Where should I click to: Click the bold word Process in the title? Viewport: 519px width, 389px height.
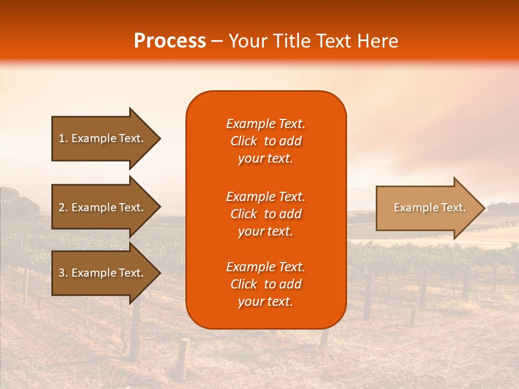170,41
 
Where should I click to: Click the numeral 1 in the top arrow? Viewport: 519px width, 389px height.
62,138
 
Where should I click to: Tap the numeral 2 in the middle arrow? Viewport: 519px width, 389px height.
62,207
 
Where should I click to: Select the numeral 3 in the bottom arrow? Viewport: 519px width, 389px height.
62,273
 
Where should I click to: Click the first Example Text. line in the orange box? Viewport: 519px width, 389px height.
265,124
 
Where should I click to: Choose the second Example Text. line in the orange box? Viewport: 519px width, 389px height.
265,197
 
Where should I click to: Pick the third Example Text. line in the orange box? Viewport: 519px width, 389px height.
265,267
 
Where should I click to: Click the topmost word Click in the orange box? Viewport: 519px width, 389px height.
243,141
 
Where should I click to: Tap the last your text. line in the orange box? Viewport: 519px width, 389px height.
265,302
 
